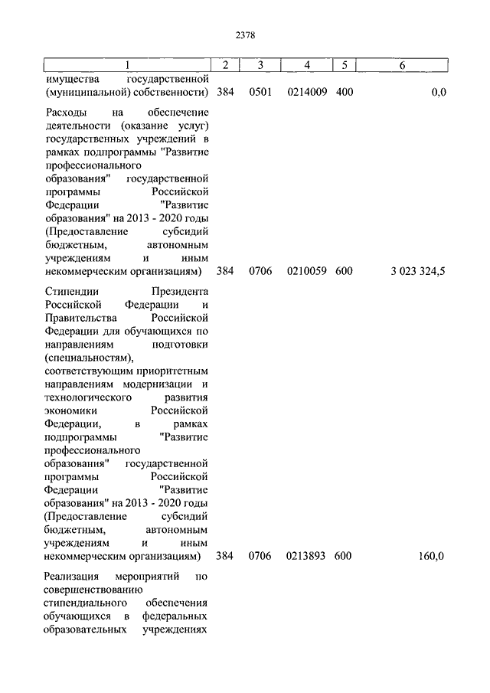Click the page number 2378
244,34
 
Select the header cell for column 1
127,66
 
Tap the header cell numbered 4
307,66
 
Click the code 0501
261,93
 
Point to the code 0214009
307,93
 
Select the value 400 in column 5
344,93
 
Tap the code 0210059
307,271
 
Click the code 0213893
307,555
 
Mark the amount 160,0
430,555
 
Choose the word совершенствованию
90,590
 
